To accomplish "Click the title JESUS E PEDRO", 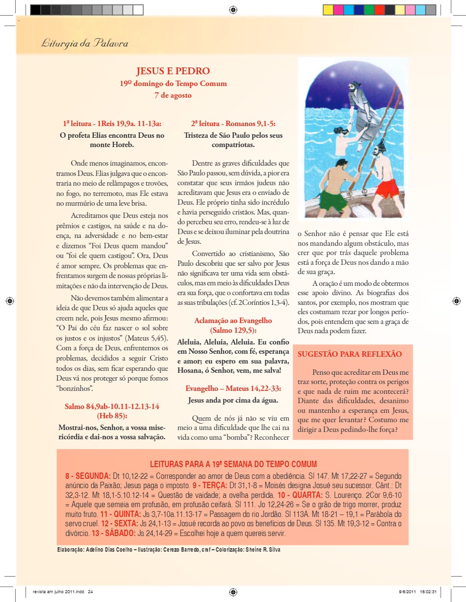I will tap(173, 71).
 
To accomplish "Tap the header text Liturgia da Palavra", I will tap(84, 43).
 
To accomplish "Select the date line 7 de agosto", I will tap(173, 95).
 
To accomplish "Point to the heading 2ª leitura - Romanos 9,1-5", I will tap(233, 124).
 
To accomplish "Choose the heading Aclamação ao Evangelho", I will tap(233, 321).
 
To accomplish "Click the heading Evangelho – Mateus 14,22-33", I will tap(233, 389).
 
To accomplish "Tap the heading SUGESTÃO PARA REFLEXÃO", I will tap(349, 354).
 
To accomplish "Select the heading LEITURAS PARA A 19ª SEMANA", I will tap(233, 464).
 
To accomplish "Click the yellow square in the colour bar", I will tap(328, 10).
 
